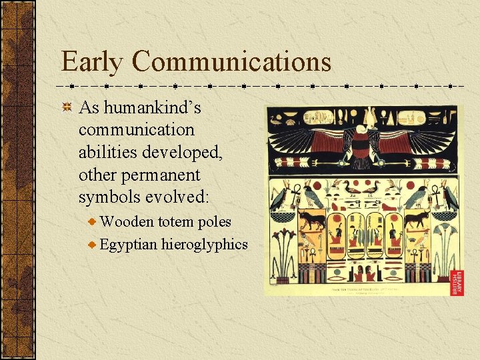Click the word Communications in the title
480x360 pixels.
[x=231, y=63]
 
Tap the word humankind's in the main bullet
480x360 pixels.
[x=150, y=107]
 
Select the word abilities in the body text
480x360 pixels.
[x=109, y=153]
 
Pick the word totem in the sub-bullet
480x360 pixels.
[x=175, y=222]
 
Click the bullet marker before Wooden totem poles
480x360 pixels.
[x=93, y=222]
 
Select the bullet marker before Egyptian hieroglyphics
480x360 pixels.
[x=93, y=245]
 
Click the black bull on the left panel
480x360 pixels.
[x=311, y=219]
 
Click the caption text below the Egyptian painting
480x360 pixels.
[x=360, y=291]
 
